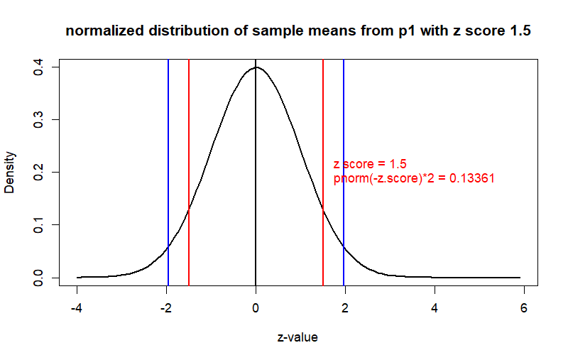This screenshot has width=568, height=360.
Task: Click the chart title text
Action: (x=297, y=32)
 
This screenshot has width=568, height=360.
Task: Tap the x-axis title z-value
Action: (x=297, y=337)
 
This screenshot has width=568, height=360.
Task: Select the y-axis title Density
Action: (x=10, y=173)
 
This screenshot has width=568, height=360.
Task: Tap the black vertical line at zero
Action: (x=256, y=178)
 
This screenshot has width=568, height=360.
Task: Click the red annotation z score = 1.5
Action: (x=370, y=165)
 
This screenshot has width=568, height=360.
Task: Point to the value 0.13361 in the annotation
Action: (x=471, y=179)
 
